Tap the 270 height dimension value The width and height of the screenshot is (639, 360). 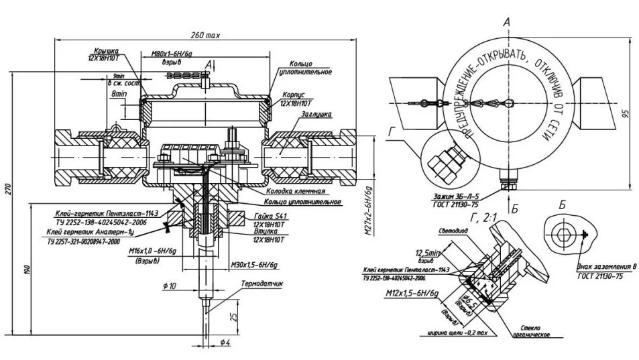(x=8, y=189)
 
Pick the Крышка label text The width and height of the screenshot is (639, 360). (x=102, y=51)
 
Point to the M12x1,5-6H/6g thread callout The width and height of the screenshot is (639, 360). (x=413, y=294)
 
